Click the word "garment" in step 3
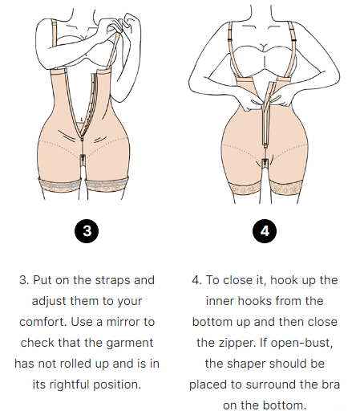(x=128, y=343)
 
